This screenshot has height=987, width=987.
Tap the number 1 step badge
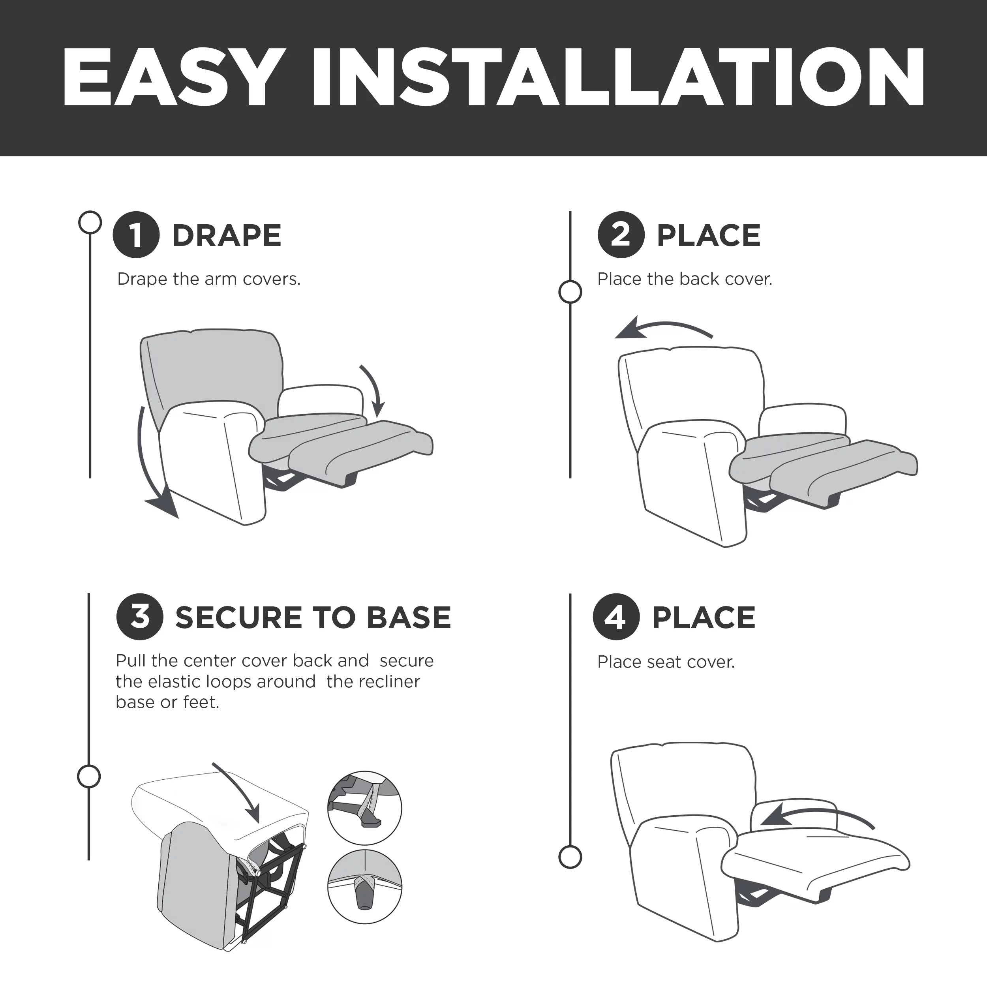[136, 235]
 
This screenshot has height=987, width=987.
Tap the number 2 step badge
[621, 235]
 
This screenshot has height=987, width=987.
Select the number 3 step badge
[139, 617]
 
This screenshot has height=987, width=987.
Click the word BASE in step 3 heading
[409, 617]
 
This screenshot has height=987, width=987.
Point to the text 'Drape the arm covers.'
[209, 279]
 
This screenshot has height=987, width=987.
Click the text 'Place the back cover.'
[685, 279]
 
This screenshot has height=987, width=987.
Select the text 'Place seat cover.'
[666, 662]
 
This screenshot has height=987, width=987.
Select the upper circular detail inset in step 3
[364, 808]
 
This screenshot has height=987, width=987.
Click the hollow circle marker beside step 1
[90, 222]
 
